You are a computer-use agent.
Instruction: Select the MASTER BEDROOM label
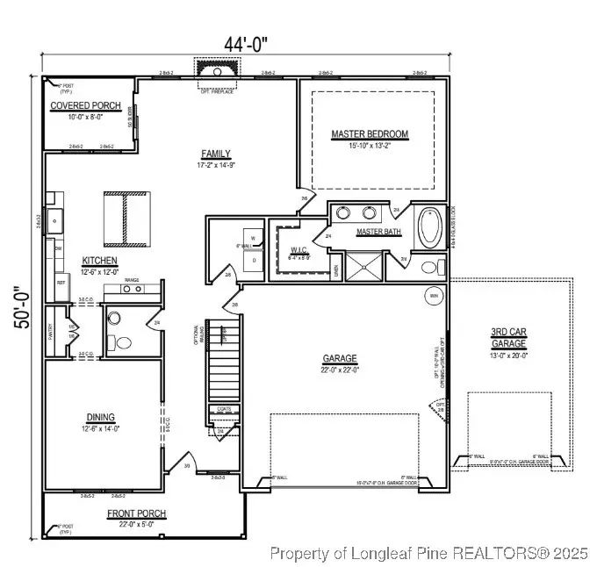click(x=370, y=134)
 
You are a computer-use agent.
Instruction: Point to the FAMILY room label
click(x=215, y=153)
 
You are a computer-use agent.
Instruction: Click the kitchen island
click(x=124, y=219)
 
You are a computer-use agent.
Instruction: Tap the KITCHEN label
click(x=100, y=261)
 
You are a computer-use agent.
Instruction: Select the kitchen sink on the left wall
click(x=54, y=218)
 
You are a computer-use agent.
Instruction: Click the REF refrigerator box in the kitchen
click(x=61, y=282)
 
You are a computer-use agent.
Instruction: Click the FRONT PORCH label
click(x=137, y=513)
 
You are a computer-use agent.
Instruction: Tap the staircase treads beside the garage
click(x=223, y=369)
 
